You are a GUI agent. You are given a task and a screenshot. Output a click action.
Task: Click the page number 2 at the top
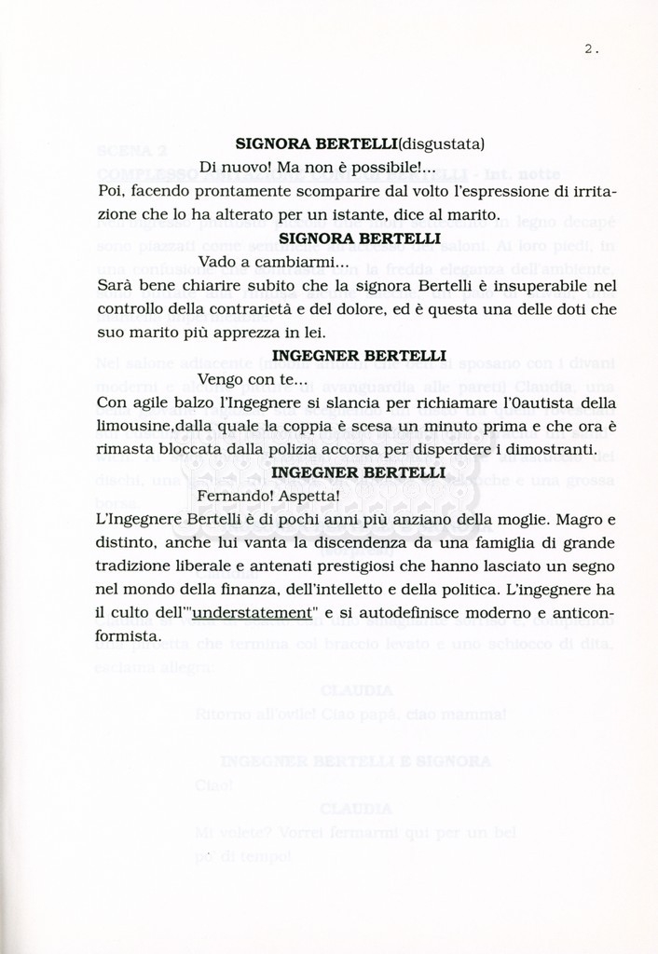click(589, 50)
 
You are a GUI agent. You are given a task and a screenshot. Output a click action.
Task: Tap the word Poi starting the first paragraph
click(111, 192)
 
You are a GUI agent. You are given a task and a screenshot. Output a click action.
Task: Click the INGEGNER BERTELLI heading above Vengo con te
click(359, 356)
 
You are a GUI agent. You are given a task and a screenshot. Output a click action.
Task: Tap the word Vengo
click(221, 379)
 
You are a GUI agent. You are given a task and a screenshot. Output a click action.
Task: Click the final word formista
click(130, 636)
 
